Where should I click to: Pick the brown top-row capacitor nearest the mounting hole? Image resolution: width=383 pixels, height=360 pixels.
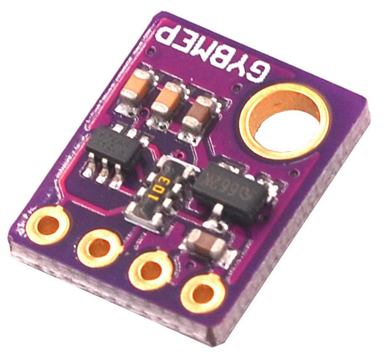(x=198, y=116)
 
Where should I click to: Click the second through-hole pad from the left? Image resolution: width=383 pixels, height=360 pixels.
(x=98, y=247)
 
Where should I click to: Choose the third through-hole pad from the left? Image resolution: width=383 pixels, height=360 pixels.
(x=150, y=269)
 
